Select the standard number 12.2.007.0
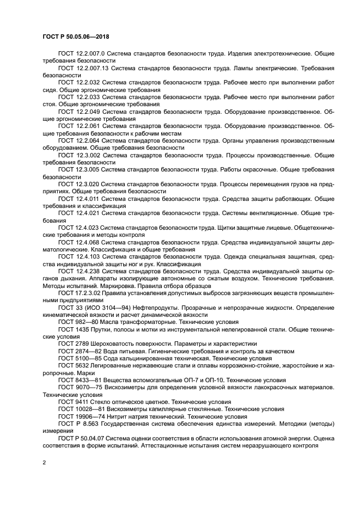point(91,54)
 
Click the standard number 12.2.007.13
point(93,68)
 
